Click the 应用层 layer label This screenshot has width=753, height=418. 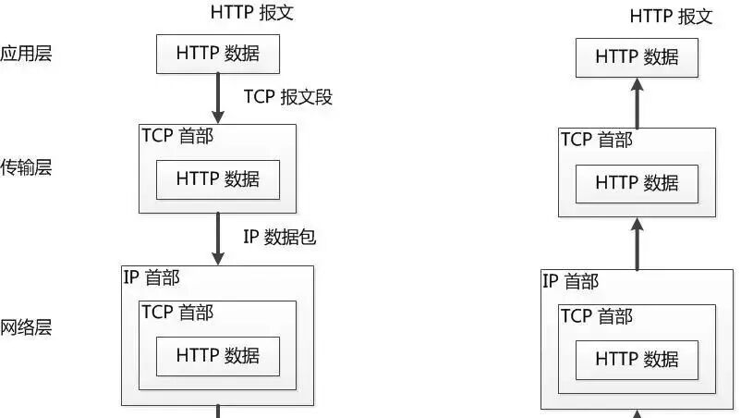point(26,53)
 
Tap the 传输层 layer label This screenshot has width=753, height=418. point(26,167)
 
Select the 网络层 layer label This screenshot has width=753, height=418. point(26,327)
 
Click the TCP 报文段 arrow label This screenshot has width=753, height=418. point(287,96)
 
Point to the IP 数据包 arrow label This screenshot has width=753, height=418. point(280,237)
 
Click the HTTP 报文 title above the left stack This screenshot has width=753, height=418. point(251,12)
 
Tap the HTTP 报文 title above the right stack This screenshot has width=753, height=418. point(671,17)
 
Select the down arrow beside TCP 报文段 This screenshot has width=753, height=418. point(218,99)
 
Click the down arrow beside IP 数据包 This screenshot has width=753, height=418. point(218,239)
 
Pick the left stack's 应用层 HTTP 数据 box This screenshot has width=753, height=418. point(218,54)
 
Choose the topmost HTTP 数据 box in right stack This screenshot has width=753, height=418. point(637,57)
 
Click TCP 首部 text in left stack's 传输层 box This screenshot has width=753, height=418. point(177,136)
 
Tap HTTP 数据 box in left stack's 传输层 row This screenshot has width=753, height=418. point(218,179)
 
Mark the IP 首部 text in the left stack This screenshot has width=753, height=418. point(152,277)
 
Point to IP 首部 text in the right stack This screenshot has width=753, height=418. point(570,281)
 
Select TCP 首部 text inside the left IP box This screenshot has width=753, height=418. point(177,313)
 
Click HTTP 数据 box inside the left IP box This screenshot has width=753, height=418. point(218,356)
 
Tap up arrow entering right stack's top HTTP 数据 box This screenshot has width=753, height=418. point(638,104)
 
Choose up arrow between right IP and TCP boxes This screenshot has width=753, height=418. point(638,244)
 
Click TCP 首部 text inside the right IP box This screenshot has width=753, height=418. point(597,316)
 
